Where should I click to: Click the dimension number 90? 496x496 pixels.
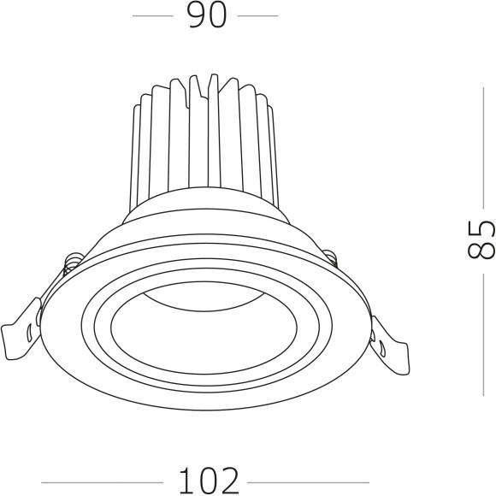pyautogui.click(x=205, y=16)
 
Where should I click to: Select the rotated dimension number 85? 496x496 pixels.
pyautogui.click(x=481, y=239)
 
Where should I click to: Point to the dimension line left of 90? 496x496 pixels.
pyautogui.click(x=155, y=16)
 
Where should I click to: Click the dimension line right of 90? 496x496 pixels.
pyautogui.click(x=257, y=16)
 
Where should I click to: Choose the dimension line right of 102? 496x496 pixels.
pyautogui.click(x=308, y=481)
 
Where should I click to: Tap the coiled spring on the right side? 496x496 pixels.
pyautogui.click(x=328, y=256)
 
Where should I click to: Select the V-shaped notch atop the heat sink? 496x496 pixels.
pyautogui.click(x=201, y=86)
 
